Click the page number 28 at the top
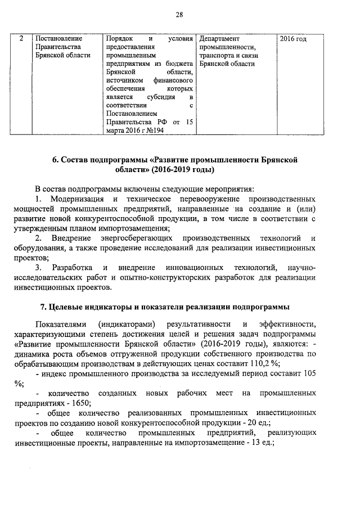point(179,15)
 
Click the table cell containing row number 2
point(21,39)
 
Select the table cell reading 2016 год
point(293,39)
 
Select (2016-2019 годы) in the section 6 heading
point(183,169)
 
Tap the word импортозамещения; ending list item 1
point(139,228)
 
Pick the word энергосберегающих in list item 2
point(123,238)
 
